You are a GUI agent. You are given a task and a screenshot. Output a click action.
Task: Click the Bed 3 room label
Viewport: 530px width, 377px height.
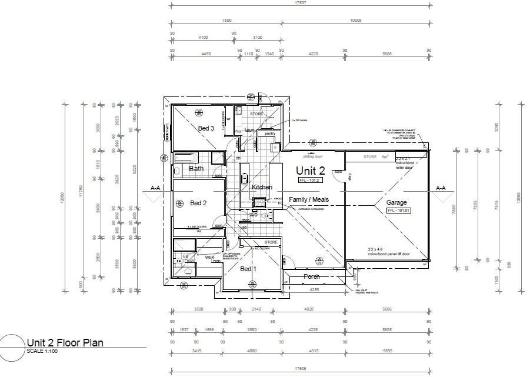click(206, 128)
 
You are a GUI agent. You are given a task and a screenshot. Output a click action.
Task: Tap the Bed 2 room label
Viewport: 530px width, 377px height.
click(199, 203)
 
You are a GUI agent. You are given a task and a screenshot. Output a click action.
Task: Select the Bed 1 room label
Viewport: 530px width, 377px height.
click(249, 269)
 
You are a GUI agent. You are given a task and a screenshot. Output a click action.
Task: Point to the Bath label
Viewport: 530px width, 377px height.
click(196, 169)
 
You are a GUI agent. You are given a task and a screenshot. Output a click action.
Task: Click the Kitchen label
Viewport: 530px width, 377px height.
click(262, 187)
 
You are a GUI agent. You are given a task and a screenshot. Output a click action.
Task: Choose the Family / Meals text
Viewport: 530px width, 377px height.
click(308, 200)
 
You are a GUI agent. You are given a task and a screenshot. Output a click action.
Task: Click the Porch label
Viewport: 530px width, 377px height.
click(311, 276)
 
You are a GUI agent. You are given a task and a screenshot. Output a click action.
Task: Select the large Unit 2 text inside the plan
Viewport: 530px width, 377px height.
click(314, 171)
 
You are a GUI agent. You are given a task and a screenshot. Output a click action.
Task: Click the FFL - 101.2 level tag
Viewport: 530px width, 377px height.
click(309, 180)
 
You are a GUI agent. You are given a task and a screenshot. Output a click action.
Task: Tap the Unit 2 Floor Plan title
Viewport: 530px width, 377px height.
click(65, 344)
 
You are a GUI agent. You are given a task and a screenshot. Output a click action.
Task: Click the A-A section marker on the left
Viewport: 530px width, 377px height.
click(156, 188)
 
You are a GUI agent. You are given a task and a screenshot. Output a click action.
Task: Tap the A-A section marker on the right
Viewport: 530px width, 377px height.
click(441, 188)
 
